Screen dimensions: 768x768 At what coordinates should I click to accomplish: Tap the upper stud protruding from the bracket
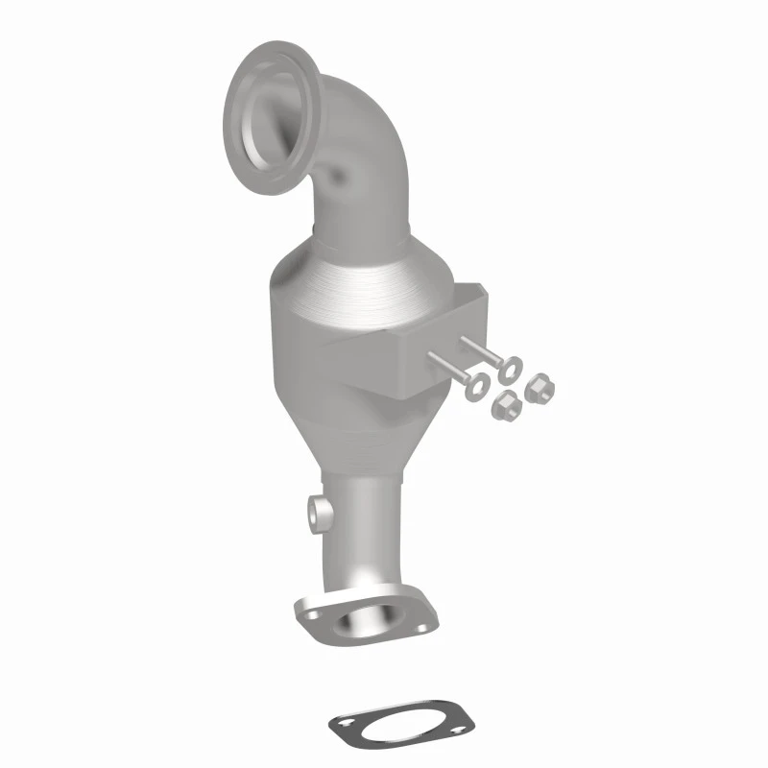pyautogui.click(x=480, y=350)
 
